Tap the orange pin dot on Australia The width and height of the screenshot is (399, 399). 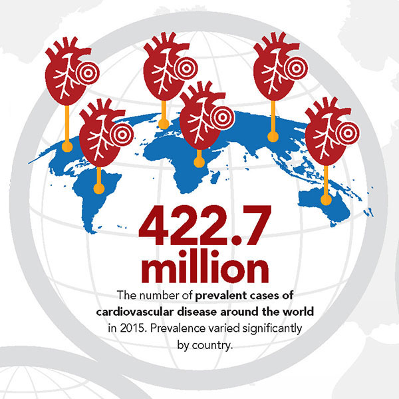tap(326, 198)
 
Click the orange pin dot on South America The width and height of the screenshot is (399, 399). tap(98, 187)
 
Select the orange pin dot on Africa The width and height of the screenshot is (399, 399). tap(198, 161)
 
